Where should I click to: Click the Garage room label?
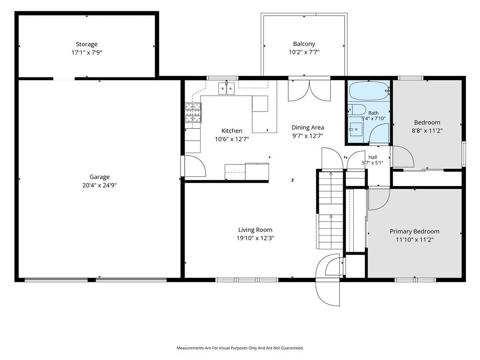[x=99, y=177]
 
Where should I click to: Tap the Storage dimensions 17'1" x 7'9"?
[x=87, y=52]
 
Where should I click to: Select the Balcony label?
[x=304, y=44]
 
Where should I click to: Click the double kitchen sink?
[x=226, y=89]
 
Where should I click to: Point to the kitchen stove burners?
[x=193, y=112]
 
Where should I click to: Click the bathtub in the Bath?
[x=369, y=91]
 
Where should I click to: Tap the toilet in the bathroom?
[x=357, y=110]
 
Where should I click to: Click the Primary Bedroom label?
[x=414, y=232]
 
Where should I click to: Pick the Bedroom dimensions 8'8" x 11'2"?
[x=427, y=131]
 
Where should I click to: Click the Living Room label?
[x=255, y=230]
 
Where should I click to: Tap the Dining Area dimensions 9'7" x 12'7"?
[x=307, y=136]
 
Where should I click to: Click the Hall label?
[x=373, y=157]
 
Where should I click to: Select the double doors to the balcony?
[x=309, y=90]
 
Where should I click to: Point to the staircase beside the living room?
[x=330, y=210]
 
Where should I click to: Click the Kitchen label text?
[x=232, y=131]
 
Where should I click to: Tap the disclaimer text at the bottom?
[x=240, y=348]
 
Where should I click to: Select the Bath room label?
[x=374, y=113]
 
